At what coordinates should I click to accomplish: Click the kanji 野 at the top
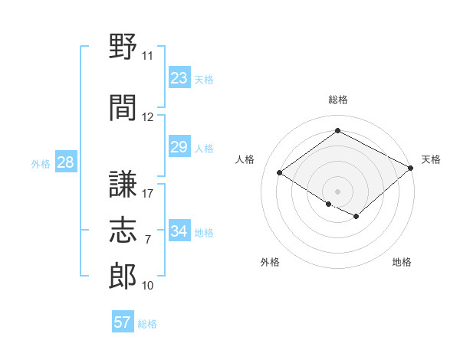click(x=123, y=46)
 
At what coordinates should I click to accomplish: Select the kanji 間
click(x=123, y=108)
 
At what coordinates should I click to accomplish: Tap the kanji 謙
click(x=123, y=184)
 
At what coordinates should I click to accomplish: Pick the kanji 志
click(x=123, y=230)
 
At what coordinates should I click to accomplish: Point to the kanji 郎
click(x=123, y=276)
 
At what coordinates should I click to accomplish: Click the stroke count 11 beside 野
click(x=147, y=56)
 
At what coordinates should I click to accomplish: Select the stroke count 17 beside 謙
click(x=147, y=194)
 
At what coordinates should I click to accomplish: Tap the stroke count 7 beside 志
click(x=148, y=240)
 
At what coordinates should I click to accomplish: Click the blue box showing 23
click(x=179, y=77)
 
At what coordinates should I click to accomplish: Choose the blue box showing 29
click(x=179, y=146)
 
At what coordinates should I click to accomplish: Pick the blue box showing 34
click(x=179, y=230)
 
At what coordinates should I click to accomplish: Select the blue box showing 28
click(x=66, y=162)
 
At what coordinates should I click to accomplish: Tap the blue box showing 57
click(x=123, y=321)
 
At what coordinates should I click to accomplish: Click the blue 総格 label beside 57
click(x=147, y=324)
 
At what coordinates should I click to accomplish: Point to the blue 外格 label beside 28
click(x=41, y=164)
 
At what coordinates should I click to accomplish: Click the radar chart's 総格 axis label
click(x=338, y=100)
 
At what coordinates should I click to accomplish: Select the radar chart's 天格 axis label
click(x=431, y=159)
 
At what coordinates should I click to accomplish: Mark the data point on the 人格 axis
click(x=280, y=172)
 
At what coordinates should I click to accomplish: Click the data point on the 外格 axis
click(x=329, y=204)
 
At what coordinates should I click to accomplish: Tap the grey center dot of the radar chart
click(x=337, y=191)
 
